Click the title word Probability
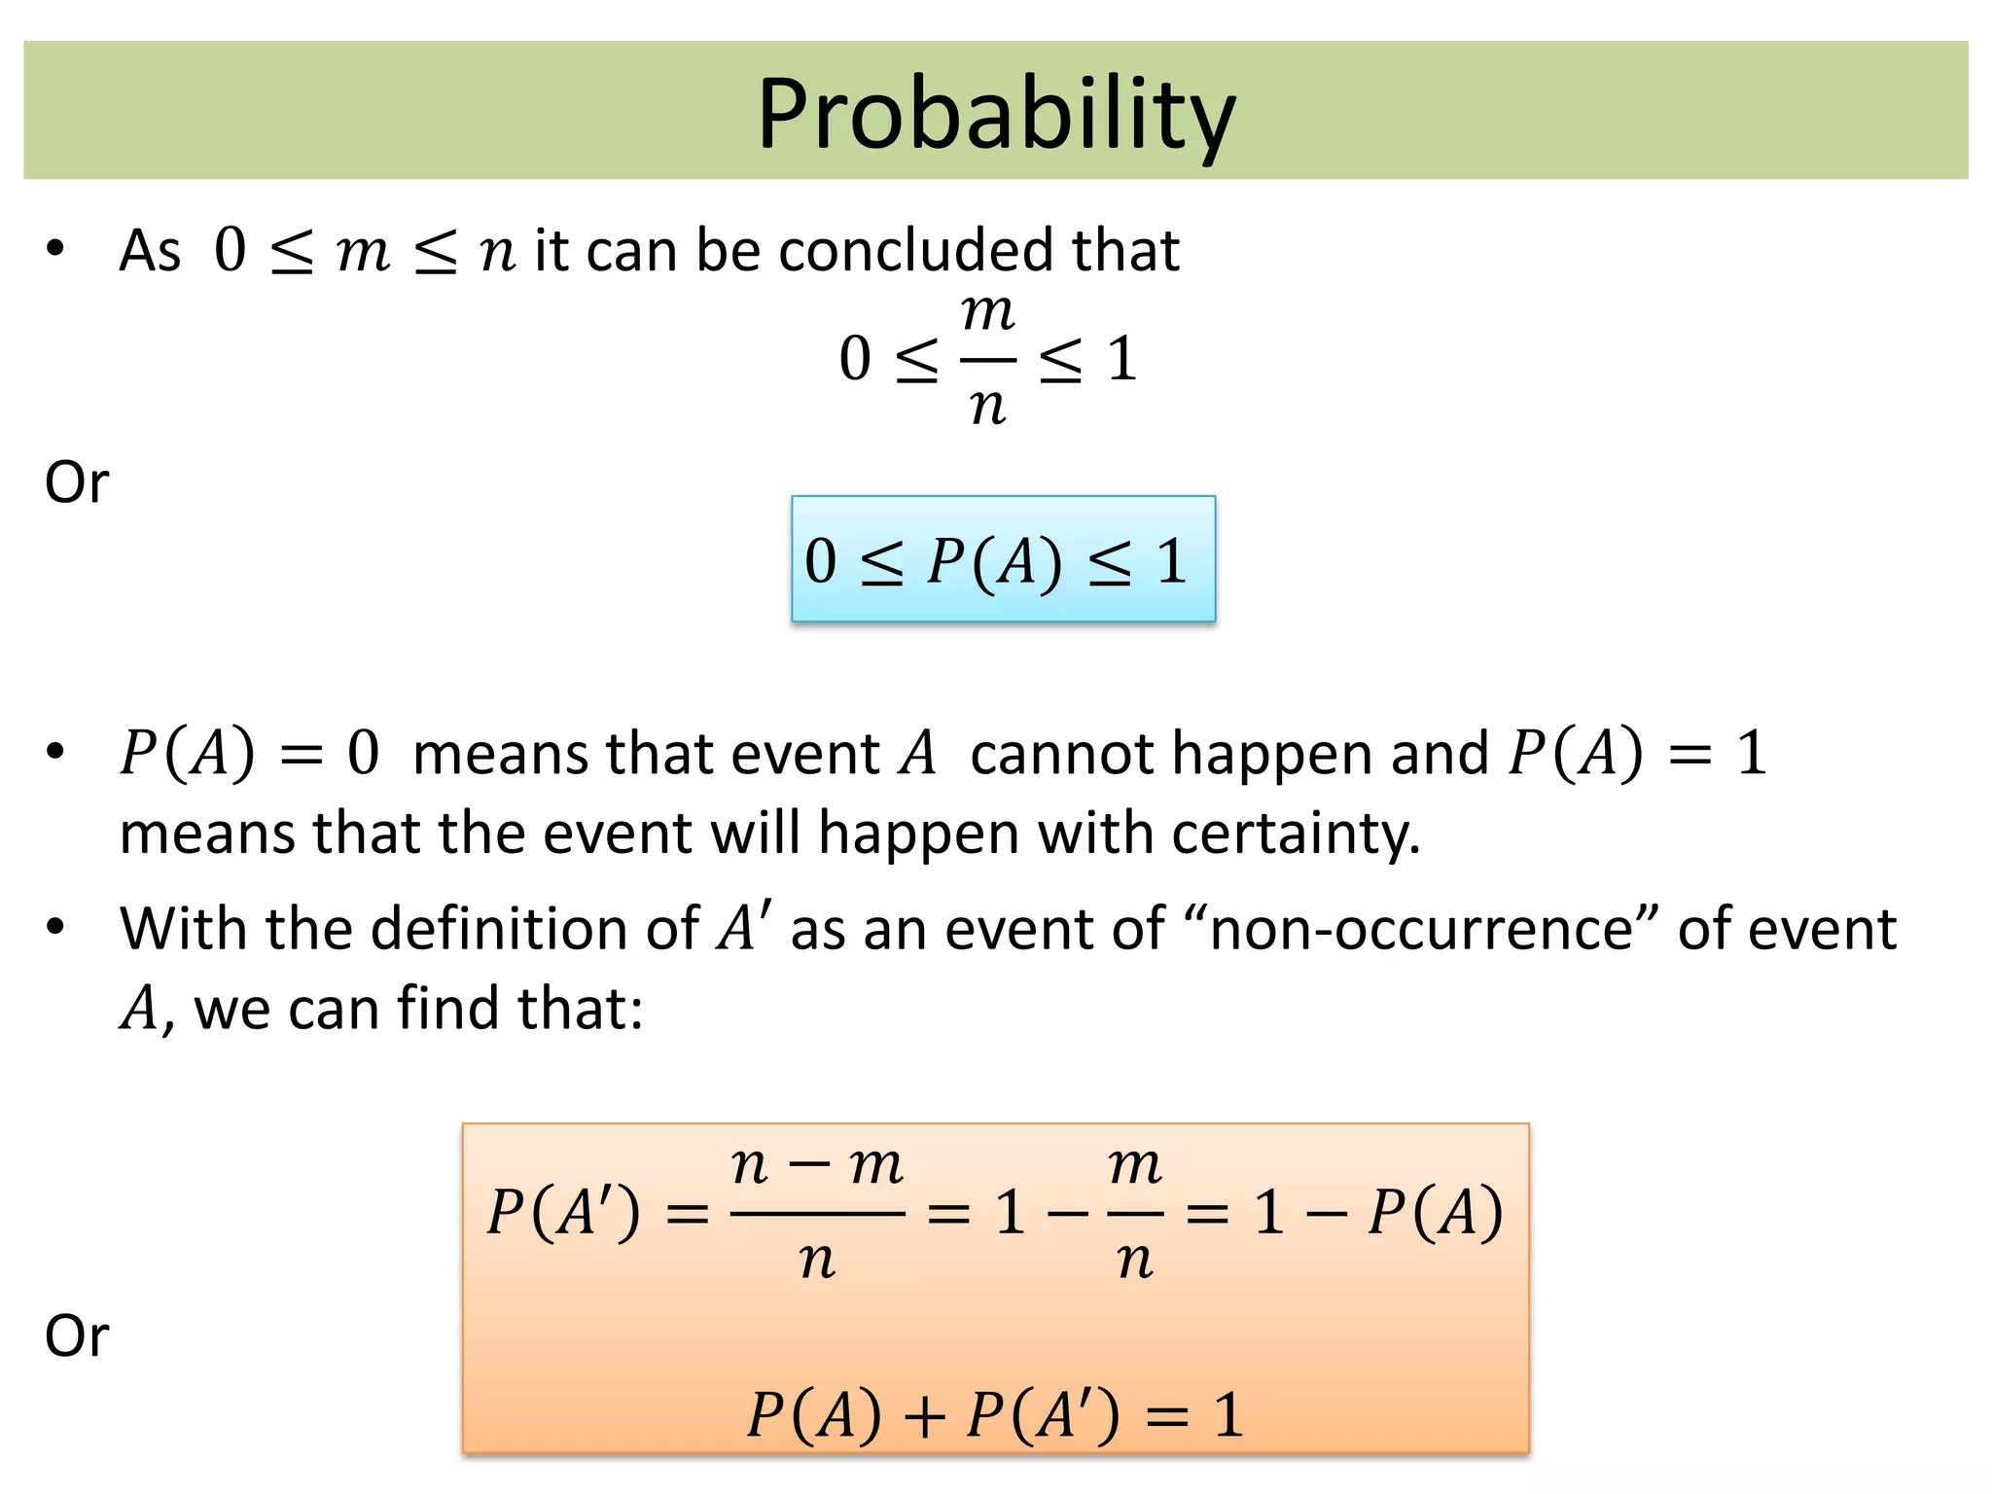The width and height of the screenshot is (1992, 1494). (995, 114)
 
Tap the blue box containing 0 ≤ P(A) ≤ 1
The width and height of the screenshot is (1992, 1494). (1003, 559)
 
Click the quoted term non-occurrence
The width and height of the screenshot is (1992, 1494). (1421, 929)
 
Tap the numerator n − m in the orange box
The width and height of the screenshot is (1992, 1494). (817, 1165)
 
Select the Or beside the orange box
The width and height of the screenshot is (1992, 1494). (77, 1335)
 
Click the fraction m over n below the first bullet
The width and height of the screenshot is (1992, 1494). (987, 358)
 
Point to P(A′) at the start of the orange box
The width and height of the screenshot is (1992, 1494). (563, 1213)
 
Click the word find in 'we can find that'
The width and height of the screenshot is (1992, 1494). (449, 1009)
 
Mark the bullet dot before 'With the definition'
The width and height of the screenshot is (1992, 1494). (55, 927)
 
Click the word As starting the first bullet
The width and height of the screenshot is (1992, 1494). (150, 251)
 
